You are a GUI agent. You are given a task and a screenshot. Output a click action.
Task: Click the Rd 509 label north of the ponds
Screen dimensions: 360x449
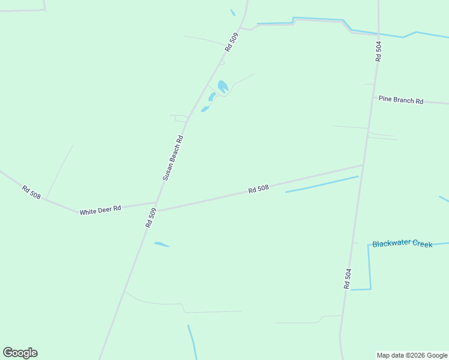[x=232, y=42]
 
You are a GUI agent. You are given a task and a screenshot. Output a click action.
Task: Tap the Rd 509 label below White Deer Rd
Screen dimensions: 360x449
[x=151, y=217]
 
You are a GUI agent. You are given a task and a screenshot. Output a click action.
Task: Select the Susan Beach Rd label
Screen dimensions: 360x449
[x=173, y=158]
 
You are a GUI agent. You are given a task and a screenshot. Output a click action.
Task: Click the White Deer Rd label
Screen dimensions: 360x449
[x=100, y=210]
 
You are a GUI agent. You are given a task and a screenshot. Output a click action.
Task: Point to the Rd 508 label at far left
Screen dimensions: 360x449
[x=31, y=192]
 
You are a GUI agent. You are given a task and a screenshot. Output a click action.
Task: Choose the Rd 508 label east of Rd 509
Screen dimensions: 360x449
[x=258, y=189]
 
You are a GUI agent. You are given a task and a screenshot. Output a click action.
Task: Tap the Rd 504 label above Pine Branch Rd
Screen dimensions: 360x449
[x=378, y=51]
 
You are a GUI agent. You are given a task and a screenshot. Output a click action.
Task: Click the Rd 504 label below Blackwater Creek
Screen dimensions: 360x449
[x=348, y=279]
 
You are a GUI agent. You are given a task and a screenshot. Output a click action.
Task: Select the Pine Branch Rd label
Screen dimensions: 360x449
[x=401, y=100]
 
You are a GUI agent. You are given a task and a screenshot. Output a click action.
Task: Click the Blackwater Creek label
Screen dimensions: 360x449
[x=402, y=244]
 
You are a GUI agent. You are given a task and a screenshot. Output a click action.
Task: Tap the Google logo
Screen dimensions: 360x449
[x=20, y=353]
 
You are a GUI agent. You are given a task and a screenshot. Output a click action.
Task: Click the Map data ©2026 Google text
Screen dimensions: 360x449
[x=412, y=355]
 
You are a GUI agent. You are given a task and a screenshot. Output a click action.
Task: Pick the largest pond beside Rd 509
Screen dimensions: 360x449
[x=223, y=86]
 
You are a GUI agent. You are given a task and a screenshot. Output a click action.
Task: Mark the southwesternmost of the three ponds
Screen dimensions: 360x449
[x=205, y=109]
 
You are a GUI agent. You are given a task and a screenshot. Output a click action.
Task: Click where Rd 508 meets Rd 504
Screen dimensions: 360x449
[x=363, y=164]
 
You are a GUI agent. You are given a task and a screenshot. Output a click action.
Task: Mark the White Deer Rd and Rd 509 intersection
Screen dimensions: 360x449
[x=157, y=204]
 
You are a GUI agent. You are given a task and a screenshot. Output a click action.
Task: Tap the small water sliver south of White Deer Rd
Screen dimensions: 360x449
[x=161, y=244]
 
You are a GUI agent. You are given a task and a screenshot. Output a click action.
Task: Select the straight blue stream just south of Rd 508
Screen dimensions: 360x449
[x=322, y=184]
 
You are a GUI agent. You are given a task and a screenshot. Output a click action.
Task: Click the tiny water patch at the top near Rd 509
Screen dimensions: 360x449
[x=232, y=12]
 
